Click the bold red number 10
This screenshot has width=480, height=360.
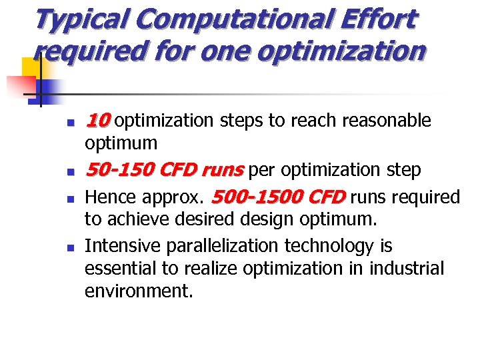pos(97,121)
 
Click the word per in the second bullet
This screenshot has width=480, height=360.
pos(263,171)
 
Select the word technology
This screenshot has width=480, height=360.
pos(330,246)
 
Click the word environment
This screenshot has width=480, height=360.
pos(137,291)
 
